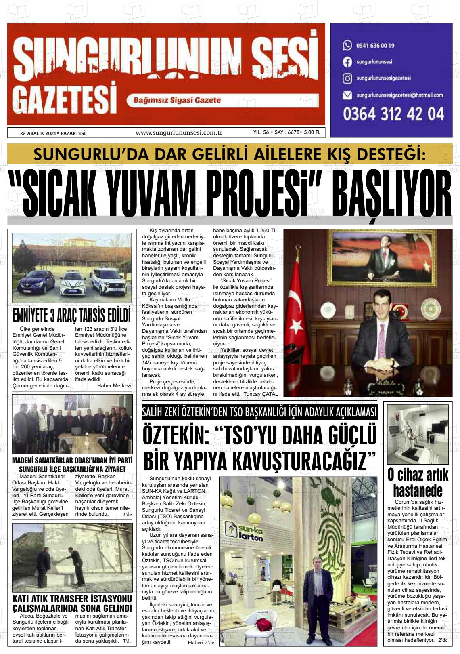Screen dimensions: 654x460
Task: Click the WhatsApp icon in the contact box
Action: tap(347, 45)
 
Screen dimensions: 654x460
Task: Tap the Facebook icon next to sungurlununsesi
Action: tap(347, 62)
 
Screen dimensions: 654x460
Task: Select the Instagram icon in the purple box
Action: tap(347, 78)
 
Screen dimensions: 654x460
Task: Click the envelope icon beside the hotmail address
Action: tap(347, 95)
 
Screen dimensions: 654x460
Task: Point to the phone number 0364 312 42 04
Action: tap(393, 114)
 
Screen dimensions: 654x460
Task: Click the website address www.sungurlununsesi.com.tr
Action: tap(179, 132)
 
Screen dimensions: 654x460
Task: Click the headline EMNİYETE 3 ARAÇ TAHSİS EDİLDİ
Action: tap(72, 315)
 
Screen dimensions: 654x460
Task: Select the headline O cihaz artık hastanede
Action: tap(418, 483)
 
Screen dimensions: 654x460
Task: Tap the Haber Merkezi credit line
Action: tap(114, 385)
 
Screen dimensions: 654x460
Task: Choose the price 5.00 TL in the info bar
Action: tap(312, 132)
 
